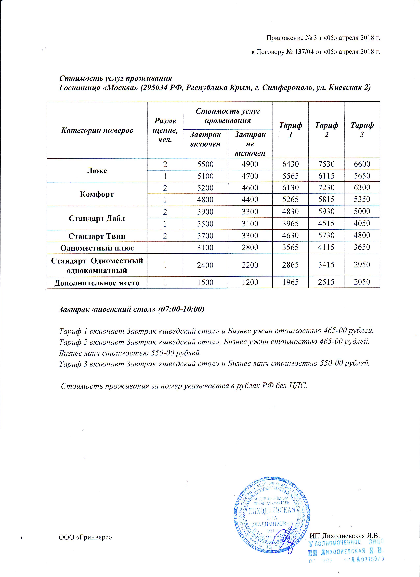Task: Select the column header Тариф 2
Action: (x=326, y=130)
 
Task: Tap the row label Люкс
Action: (x=97, y=170)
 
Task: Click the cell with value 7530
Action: (x=326, y=164)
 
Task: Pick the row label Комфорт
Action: (x=97, y=194)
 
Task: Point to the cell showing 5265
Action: (x=290, y=199)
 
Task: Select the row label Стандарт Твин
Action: (x=97, y=236)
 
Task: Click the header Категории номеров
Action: (x=97, y=130)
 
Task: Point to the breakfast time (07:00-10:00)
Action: (x=181, y=309)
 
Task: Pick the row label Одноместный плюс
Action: (x=97, y=248)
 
